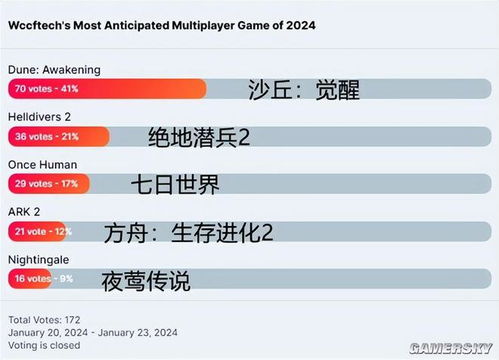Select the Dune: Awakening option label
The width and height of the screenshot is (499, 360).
(54, 69)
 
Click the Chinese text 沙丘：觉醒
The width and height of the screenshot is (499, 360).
(303, 90)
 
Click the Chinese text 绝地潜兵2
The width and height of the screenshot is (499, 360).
(197, 138)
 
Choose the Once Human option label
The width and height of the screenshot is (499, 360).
(42, 164)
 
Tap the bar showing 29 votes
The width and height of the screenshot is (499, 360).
(49, 183)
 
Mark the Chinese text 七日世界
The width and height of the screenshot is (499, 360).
(174, 185)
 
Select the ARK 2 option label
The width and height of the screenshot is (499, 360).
(26, 212)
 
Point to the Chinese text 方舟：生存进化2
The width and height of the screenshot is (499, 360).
(188, 234)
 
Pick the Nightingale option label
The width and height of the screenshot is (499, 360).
(40, 259)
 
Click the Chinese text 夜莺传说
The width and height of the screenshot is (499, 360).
(146, 281)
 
